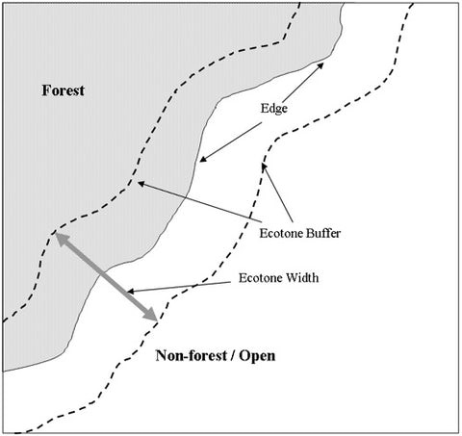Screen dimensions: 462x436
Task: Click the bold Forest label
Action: pyautogui.click(x=64, y=90)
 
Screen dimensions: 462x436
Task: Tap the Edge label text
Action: pyautogui.click(x=273, y=109)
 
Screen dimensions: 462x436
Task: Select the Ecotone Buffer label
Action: pyautogui.click(x=299, y=233)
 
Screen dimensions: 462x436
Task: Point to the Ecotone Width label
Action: pyautogui.click(x=278, y=278)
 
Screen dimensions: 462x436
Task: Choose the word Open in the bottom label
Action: pyautogui.click(x=257, y=356)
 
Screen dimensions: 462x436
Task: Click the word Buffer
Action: pyautogui.click(x=322, y=233)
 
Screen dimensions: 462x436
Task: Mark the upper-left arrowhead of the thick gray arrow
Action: pyautogui.click(x=61, y=239)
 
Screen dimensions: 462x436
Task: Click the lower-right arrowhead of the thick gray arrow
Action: pyautogui.click(x=151, y=315)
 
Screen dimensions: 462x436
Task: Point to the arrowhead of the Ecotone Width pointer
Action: pyautogui.click(x=130, y=292)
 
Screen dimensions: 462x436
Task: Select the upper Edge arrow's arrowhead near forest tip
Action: pyautogui.click(x=321, y=65)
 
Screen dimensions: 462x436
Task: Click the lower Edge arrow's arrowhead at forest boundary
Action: pyautogui.click(x=202, y=159)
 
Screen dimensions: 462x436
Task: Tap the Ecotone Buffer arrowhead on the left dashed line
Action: pyautogui.click(x=141, y=184)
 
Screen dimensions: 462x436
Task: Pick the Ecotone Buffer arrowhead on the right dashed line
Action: pyautogui.click(x=264, y=167)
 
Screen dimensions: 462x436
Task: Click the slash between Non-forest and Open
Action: pyautogui.click(x=233, y=356)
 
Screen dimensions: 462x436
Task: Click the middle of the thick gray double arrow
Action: pyautogui.click(x=106, y=276)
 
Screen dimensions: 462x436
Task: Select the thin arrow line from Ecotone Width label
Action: pyautogui.click(x=179, y=287)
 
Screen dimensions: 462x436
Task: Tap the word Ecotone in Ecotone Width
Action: pyautogui.click(x=261, y=278)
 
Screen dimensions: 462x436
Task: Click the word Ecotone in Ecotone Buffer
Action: pyautogui.click(x=281, y=233)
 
